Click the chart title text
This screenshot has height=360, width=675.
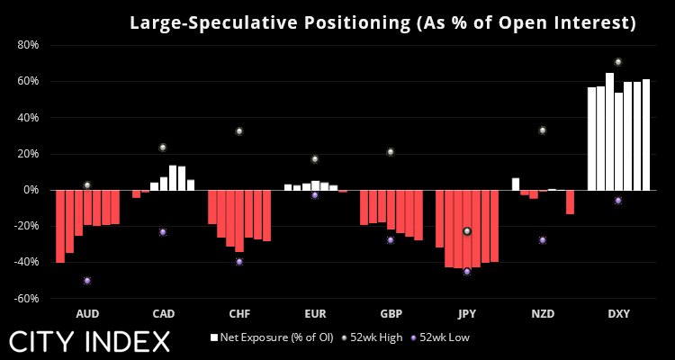[382, 22]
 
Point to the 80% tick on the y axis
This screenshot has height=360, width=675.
[27, 45]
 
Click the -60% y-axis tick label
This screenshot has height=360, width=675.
[25, 298]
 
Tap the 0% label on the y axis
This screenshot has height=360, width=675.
[31, 190]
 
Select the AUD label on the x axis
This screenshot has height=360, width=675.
[87, 314]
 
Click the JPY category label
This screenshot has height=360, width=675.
[466, 314]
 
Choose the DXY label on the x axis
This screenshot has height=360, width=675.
[618, 314]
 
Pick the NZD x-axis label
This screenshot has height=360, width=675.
[543, 314]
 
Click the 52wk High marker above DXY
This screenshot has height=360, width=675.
[618, 62]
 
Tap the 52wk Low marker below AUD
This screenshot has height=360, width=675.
[87, 280]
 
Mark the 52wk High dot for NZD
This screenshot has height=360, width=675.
[543, 130]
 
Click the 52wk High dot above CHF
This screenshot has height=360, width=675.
[239, 131]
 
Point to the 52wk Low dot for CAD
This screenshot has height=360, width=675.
[163, 231]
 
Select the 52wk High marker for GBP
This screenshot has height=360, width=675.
[391, 152]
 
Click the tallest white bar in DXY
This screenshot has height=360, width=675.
[610, 131]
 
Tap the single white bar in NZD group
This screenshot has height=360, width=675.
[516, 184]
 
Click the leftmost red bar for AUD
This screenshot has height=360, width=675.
[60, 226]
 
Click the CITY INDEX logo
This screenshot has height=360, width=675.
[90, 341]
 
